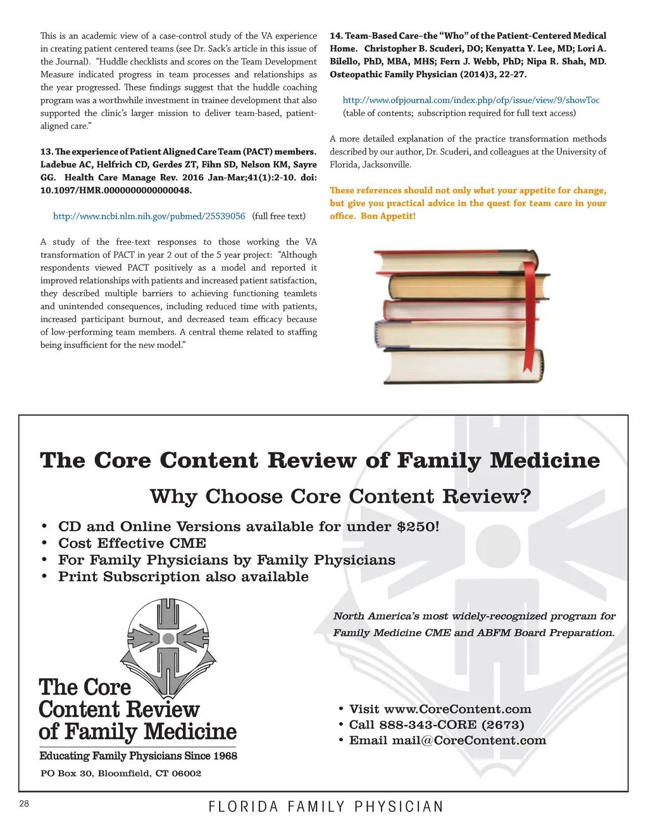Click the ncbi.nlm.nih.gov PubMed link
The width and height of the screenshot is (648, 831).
coord(149,216)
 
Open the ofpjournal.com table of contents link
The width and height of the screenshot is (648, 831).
coord(471,100)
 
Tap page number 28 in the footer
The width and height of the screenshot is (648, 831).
coord(24,804)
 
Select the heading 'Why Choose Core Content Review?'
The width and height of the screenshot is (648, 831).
coord(340,496)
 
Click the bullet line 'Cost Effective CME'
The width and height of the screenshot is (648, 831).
coord(132,543)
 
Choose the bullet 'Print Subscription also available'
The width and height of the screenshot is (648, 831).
coord(184,577)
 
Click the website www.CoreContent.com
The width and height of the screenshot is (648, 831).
coord(458,710)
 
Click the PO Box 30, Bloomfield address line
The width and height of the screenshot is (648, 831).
coord(121,773)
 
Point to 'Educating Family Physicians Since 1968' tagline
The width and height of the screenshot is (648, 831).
coord(138,756)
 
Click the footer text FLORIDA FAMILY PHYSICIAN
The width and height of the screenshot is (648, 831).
coord(326,807)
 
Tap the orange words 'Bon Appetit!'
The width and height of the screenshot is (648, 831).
coord(388,216)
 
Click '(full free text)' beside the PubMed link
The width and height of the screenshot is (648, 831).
coord(278,216)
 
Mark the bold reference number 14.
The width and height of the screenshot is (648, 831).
coord(336,36)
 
